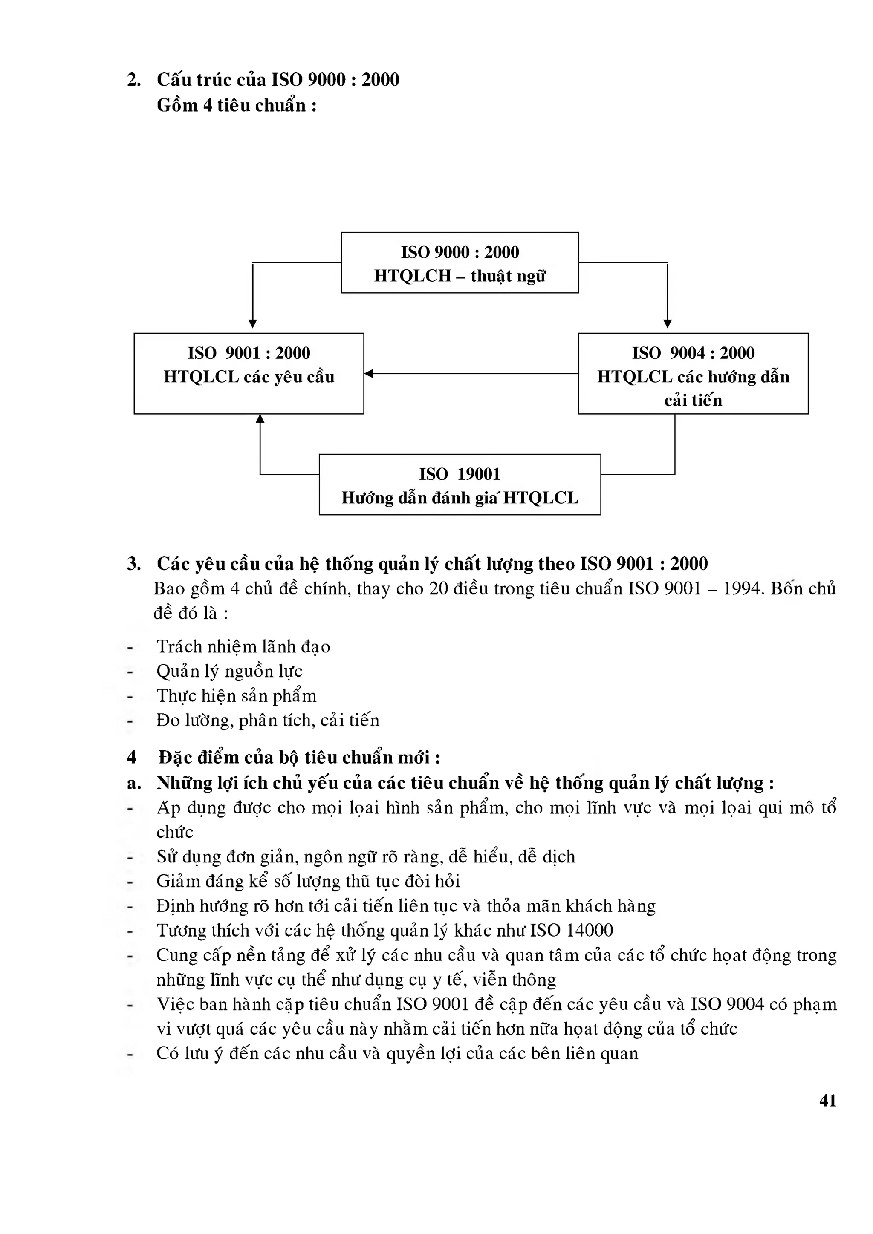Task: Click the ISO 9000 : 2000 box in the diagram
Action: pos(460,263)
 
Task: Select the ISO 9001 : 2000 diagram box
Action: pos(249,374)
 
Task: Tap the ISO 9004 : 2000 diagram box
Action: pos(693,374)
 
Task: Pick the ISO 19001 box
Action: pos(460,485)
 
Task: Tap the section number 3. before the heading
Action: pos(134,564)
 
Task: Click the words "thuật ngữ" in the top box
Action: pos(508,276)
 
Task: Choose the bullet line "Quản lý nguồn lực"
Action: pos(229,671)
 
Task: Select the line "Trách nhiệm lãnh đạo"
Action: pos(243,646)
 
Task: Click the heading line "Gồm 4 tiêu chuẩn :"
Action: pos(237,105)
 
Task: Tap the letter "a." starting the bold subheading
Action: pos(134,784)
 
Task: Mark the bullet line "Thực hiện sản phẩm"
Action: pos(237,696)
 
